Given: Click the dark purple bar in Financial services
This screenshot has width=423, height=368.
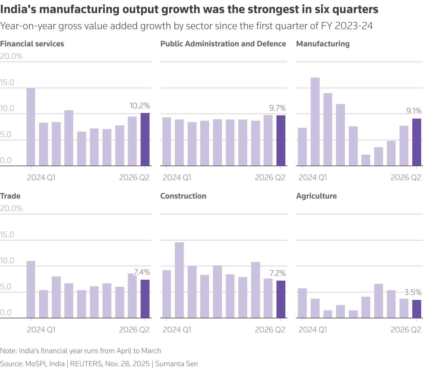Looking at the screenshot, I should (145, 139).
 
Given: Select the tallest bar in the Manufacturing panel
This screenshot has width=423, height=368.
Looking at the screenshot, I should (315, 122).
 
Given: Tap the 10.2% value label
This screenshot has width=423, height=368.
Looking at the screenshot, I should (139, 106).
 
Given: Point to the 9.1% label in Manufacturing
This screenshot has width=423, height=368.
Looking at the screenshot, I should (414, 111).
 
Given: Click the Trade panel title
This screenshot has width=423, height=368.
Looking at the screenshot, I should (10, 196).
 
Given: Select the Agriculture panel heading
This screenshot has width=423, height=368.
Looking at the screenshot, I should (316, 196).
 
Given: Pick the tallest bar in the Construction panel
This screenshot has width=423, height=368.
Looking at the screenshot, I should (179, 280).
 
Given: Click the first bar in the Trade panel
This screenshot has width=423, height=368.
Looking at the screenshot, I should (31, 290).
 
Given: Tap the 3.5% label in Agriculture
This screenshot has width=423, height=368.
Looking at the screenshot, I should (413, 292).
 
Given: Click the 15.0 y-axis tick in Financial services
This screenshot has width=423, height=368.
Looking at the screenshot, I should (7, 82).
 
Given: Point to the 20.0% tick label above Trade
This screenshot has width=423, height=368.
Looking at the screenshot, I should (11, 208).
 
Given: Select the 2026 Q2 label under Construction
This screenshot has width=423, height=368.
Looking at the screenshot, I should (270, 330).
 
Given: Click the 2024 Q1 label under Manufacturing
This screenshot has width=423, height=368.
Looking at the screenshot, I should (313, 177).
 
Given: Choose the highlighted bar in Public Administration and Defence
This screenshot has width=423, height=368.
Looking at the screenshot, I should (281, 141).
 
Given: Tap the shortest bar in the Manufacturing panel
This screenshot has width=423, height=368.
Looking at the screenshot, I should (366, 160).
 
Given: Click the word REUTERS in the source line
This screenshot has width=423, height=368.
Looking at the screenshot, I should (86, 364).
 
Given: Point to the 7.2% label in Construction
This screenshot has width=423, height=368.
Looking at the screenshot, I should (277, 273).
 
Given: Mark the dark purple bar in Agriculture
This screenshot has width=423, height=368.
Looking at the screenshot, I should (417, 309).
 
